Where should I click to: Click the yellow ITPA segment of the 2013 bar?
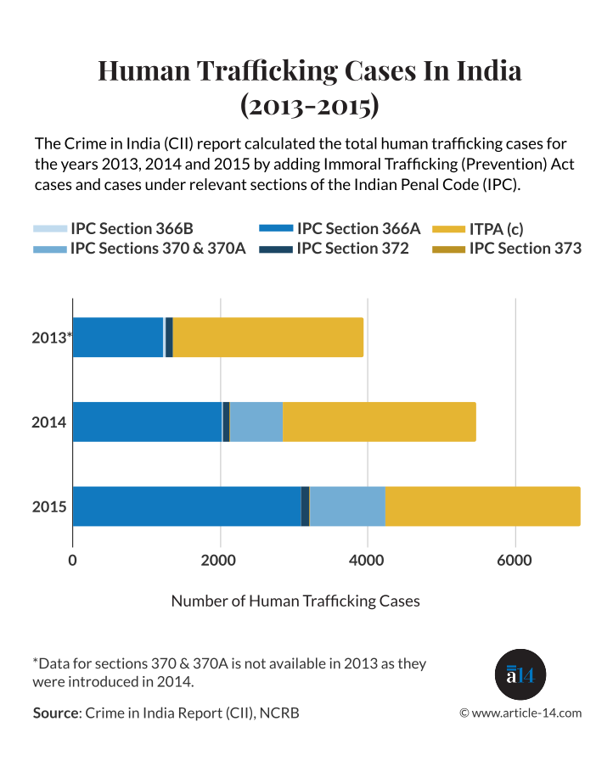267,337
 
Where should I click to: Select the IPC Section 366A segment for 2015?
187,506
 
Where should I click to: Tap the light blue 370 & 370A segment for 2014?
256,422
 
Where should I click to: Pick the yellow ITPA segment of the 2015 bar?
482,506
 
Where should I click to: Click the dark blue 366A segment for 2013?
118,337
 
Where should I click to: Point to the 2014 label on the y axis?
49,422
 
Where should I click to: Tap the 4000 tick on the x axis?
367,561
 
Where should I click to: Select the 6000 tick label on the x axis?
515,561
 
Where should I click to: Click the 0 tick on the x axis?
72,561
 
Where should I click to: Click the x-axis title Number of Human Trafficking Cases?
295,601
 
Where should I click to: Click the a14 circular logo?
520,675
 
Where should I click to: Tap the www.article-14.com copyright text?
520,713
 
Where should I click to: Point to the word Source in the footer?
55,713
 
